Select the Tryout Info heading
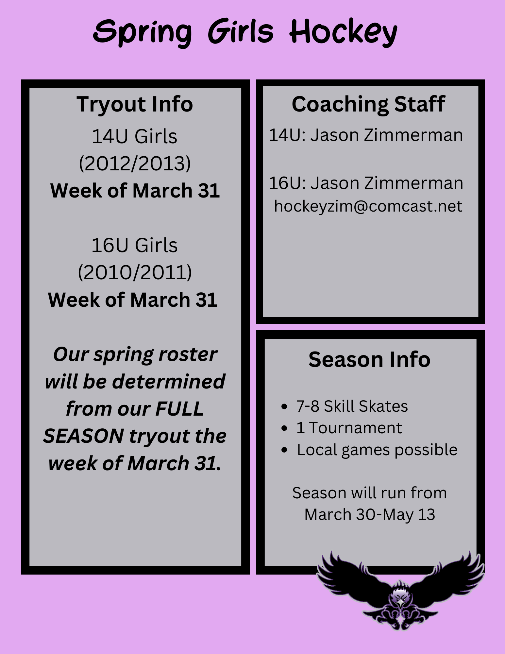(135, 104)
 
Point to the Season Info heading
(369, 359)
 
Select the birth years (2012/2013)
(135, 163)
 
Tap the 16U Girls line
(134, 245)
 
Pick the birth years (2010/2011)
(135, 272)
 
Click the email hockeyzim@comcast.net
(368, 206)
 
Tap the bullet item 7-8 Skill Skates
(352, 406)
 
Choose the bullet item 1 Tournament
(349, 428)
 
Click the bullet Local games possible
(377, 450)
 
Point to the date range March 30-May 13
(370, 514)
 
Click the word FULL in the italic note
(179, 409)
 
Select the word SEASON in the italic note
(84, 436)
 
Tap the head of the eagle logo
(399, 596)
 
